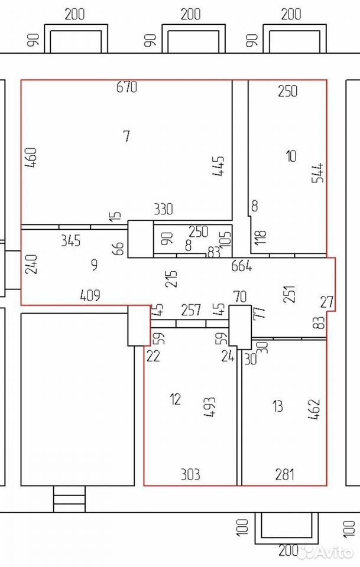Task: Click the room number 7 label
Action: (x=127, y=136)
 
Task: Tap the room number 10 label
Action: (x=291, y=156)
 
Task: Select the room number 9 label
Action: (x=94, y=265)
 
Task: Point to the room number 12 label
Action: (x=175, y=399)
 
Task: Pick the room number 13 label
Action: (x=277, y=406)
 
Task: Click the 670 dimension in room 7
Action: (x=127, y=87)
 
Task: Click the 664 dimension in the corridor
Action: (x=242, y=266)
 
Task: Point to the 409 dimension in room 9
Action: (x=90, y=295)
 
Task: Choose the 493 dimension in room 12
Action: (x=210, y=407)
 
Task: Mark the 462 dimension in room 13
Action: (x=314, y=409)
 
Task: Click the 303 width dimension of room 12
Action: (x=190, y=474)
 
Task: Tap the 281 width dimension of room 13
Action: (x=285, y=474)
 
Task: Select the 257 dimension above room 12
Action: (x=191, y=309)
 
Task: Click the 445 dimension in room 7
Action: (x=219, y=166)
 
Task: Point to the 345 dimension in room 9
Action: (x=70, y=240)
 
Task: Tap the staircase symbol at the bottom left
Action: (x=70, y=499)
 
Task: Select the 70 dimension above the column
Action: (x=240, y=296)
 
